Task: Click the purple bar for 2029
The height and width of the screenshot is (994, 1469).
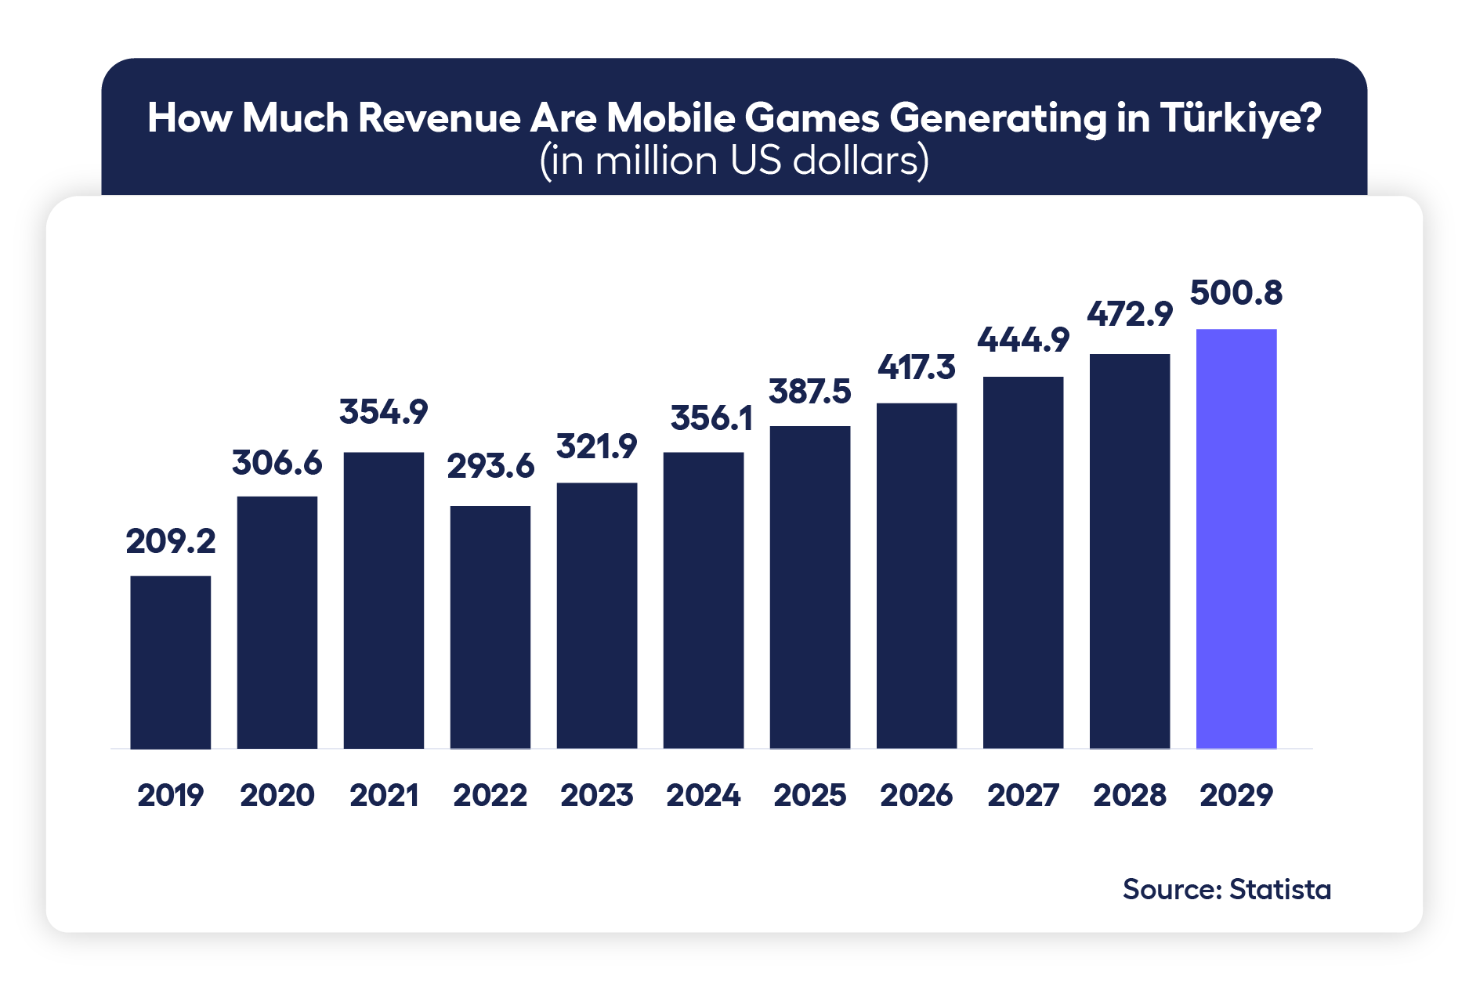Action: (x=1236, y=539)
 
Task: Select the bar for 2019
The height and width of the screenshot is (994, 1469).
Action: (x=170, y=662)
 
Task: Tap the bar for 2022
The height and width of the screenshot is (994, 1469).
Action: (x=490, y=627)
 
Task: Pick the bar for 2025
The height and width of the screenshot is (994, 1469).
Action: (x=809, y=587)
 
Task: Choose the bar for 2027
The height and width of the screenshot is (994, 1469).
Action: (x=1022, y=562)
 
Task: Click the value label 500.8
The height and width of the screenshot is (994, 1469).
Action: (x=1236, y=293)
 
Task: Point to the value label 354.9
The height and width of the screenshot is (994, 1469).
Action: (x=383, y=412)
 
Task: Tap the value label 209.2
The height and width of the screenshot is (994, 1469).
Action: (x=170, y=541)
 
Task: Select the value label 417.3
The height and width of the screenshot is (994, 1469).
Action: (x=916, y=367)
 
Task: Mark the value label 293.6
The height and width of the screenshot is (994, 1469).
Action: (x=490, y=467)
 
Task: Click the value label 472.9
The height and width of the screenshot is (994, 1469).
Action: (x=1129, y=315)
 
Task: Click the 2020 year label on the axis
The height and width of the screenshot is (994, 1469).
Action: (x=277, y=795)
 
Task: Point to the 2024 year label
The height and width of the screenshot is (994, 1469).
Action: (x=703, y=795)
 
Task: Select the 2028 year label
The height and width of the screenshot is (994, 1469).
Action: (x=1129, y=795)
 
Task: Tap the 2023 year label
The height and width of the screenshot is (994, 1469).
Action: (x=596, y=795)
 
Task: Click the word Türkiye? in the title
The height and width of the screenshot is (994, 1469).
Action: (x=1240, y=118)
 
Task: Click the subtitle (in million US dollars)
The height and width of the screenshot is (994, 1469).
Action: (x=734, y=161)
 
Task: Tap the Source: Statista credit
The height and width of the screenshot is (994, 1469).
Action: (x=1226, y=890)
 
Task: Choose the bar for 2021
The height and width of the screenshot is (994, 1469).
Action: (x=383, y=600)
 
